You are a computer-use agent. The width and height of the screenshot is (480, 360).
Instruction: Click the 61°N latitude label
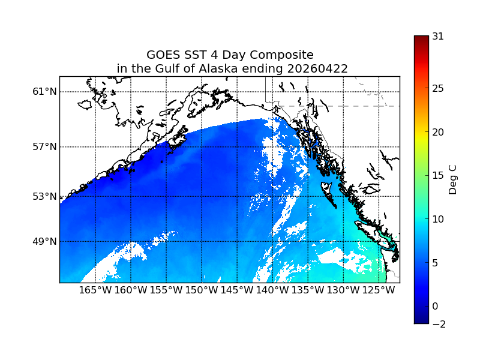pos(44,92)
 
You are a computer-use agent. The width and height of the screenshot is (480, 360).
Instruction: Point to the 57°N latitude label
pos(44,147)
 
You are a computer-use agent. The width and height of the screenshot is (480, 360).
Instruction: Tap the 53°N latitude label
pos(44,196)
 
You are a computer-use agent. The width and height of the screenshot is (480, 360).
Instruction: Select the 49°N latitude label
pos(44,241)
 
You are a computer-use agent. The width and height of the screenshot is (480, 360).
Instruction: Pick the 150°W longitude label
pos(202,290)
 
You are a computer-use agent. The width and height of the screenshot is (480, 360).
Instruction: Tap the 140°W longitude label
pos(272,290)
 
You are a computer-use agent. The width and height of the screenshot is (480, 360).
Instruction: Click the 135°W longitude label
pos(308,290)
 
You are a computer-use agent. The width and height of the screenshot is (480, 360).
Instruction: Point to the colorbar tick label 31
pos(438,36)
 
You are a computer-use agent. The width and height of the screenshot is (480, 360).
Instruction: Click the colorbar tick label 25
pos(438,89)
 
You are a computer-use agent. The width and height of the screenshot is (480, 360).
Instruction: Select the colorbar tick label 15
pos(438,176)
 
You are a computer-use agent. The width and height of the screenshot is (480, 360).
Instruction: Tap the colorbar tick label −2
pos(438,324)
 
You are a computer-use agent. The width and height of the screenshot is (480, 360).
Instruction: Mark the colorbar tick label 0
pos(436,306)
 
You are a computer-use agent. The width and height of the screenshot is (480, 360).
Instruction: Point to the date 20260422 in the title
pos(317,68)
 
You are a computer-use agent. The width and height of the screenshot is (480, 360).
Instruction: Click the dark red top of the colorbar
pos(421,39)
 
